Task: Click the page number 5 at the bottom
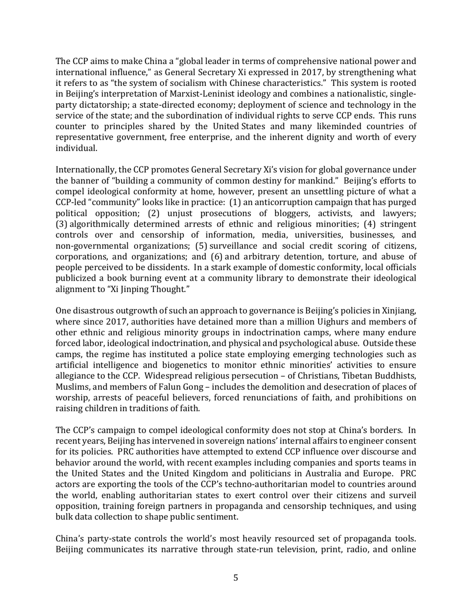pos(236,578)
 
